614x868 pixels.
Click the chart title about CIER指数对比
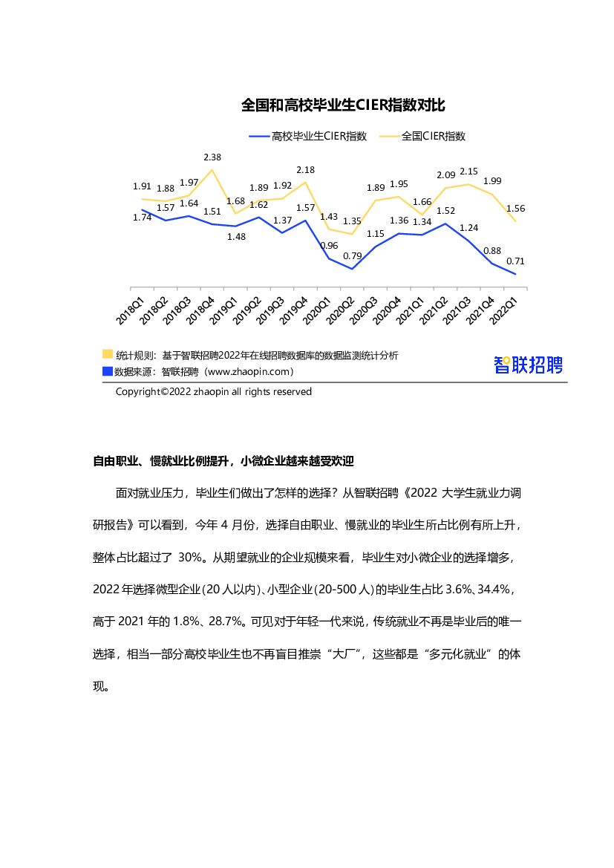343,105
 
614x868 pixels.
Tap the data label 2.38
212,157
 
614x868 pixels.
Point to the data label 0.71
515,261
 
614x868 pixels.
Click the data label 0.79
352,256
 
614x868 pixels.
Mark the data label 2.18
305,170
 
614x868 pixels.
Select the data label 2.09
445,175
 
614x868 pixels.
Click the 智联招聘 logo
529,365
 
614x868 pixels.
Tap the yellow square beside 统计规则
108,355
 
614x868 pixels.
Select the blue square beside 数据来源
108,371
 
